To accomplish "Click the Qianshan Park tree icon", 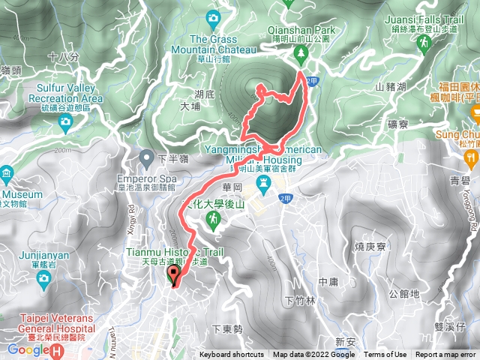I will (301, 52).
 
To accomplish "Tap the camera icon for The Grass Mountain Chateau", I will (214, 17).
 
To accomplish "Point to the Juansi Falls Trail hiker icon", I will (424, 43).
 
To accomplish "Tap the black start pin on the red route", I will (175, 276).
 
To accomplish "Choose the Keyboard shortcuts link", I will (232, 355).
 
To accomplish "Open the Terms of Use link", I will (385, 355).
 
